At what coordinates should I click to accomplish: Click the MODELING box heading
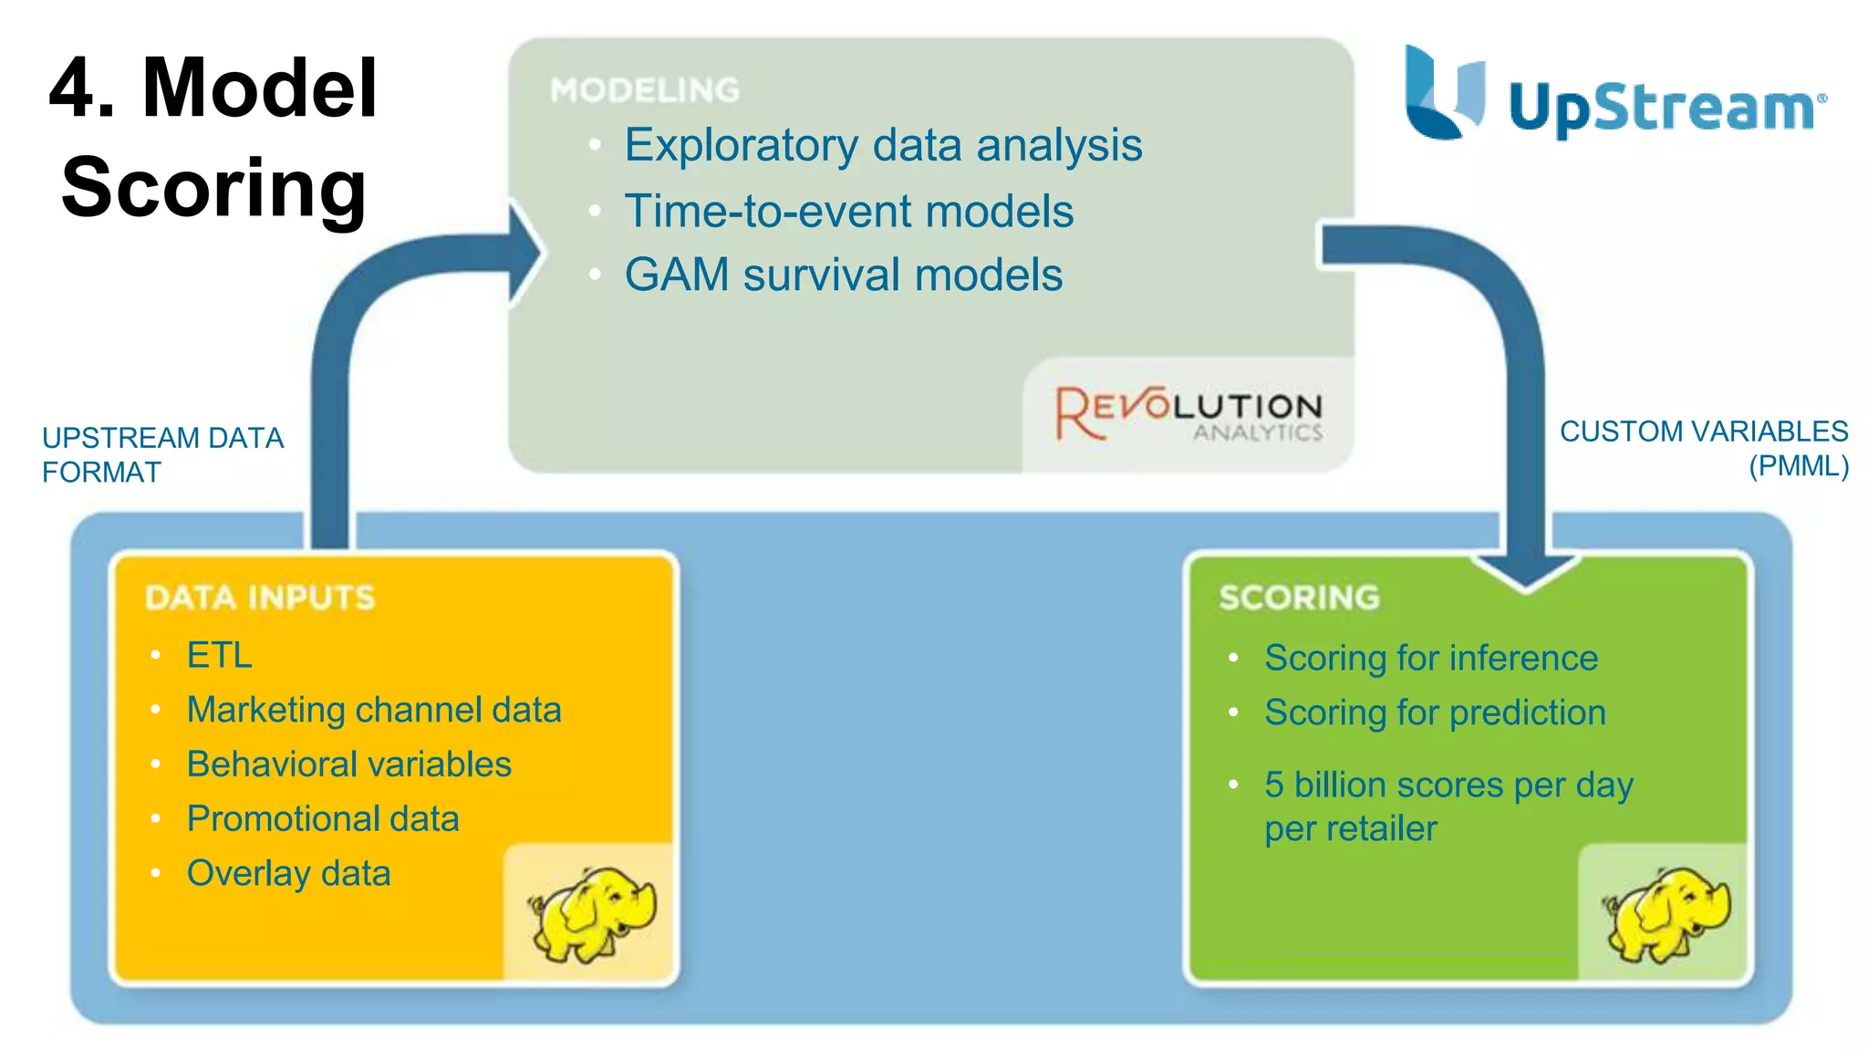point(645,90)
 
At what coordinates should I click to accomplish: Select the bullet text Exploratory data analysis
point(882,145)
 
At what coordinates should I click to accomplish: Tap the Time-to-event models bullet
point(848,211)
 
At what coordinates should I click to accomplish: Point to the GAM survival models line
point(843,275)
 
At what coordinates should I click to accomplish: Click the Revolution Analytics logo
point(1188,413)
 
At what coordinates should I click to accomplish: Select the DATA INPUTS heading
point(260,598)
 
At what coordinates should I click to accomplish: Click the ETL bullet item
point(219,655)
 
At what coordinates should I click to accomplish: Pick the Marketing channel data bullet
point(373,710)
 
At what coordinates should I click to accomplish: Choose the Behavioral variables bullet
point(348,765)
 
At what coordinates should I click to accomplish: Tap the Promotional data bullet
point(322,819)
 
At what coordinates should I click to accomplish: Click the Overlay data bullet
point(288,874)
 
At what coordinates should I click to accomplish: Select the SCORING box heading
point(1299,598)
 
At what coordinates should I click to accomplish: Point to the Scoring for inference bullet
point(1430,658)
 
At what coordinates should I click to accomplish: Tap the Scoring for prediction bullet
point(1434,713)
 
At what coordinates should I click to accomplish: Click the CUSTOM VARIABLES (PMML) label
point(1704,448)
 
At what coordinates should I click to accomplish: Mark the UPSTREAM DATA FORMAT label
point(162,454)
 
